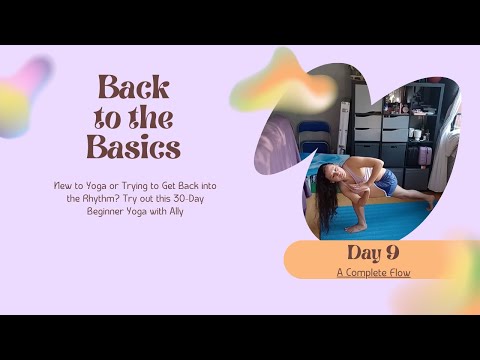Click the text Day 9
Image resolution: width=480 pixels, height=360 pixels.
(372, 252)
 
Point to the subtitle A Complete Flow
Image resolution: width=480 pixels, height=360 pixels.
(372, 272)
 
